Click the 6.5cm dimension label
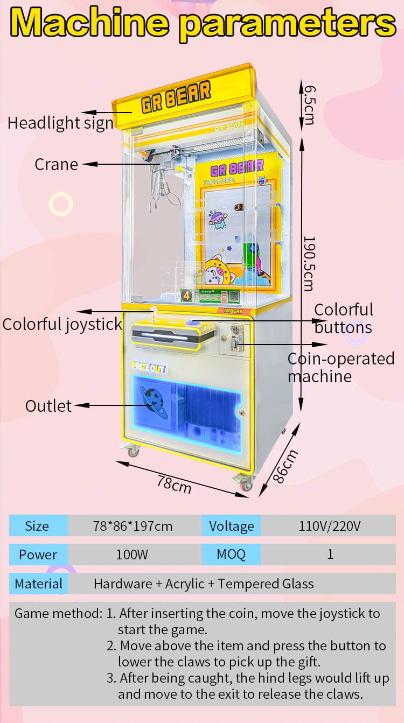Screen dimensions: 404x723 tap(309, 105)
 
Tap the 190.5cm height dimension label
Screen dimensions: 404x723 tap(309, 264)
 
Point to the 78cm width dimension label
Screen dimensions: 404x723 tap(175, 485)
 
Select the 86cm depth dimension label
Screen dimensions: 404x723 tap(285, 467)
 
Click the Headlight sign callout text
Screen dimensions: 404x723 tap(61, 123)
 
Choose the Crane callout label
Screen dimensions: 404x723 tap(57, 164)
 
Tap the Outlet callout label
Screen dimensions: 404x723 tap(48, 406)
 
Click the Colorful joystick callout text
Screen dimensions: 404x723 tap(62, 324)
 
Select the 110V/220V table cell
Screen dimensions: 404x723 tap(329, 526)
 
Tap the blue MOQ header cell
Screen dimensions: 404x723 tap(231, 554)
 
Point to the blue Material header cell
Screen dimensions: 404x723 tap(38, 584)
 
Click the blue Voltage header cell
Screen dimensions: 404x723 tap(231, 526)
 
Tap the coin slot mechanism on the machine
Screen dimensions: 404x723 tap(236, 338)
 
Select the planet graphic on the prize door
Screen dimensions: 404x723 tap(154, 402)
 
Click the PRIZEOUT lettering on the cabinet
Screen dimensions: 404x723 tap(149, 368)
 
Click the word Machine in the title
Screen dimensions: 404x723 tap(89, 22)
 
